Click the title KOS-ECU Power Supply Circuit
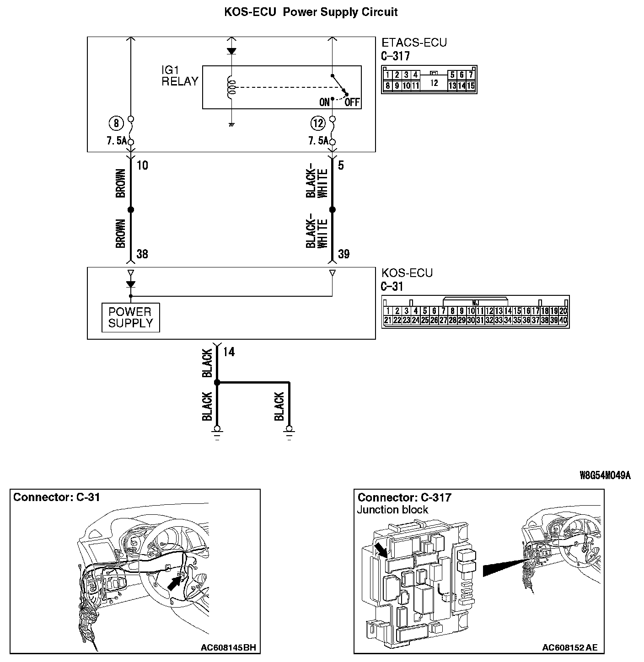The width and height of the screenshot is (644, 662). [x=311, y=12]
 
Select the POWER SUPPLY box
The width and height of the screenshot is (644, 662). [x=130, y=318]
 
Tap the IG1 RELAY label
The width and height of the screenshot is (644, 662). [x=180, y=76]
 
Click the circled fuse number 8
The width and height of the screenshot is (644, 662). [x=116, y=123]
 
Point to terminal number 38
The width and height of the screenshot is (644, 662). [x=142, y=254]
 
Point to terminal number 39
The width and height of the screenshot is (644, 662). [x=343, y=254]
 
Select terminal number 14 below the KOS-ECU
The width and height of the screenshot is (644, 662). [x=229, y=352]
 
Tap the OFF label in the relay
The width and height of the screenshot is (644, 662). [x=352, y=102]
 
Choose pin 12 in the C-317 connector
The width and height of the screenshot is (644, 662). [x=434, y=83]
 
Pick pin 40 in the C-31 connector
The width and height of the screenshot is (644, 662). [x=563, y=320]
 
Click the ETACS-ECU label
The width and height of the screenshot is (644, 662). [x=414, y=43]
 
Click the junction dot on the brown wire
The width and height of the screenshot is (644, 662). [x=130, y=210]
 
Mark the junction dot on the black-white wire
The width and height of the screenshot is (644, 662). [x=333, y=210]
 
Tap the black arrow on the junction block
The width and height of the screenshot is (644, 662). [x=380, y=549]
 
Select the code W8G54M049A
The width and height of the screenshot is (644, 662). [x=605, y=475]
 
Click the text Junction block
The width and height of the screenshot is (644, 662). [x=392, y=510]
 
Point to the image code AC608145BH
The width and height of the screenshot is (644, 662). [x=228, y=647]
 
